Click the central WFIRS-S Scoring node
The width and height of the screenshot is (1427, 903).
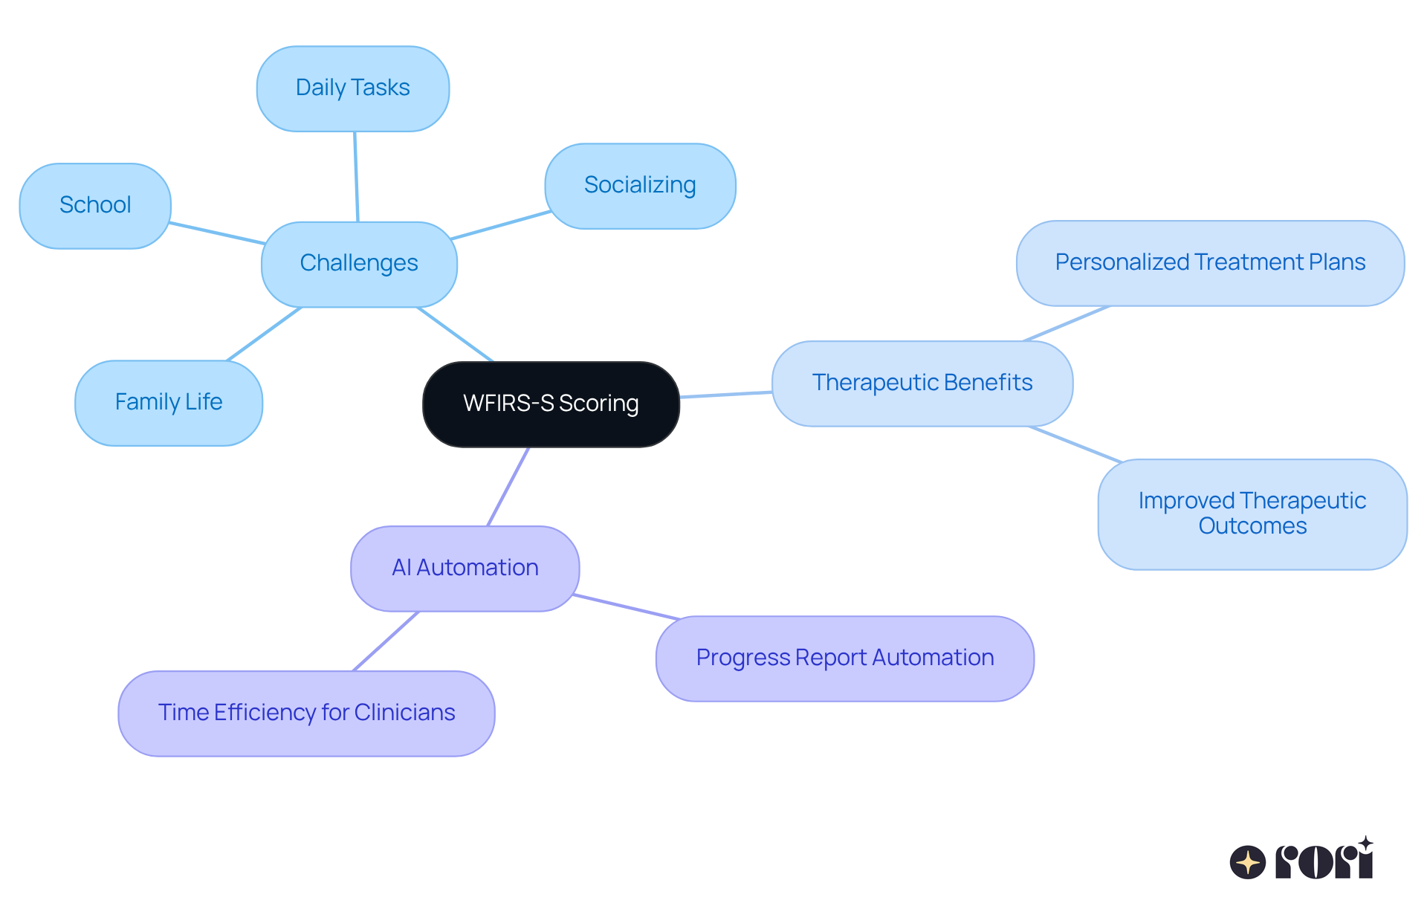pos(551,404)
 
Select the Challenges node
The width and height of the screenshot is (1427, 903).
pos(359,264)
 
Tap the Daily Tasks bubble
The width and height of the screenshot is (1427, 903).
pos(352,88)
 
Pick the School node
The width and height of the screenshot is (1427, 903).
pos(95,205)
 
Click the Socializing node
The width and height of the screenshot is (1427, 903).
pos(640,185)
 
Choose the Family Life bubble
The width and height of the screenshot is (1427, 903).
pos(169,402)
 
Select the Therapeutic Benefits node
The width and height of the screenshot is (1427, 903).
pos(922,383)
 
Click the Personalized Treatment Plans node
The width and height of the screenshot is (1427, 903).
pos(1210,262)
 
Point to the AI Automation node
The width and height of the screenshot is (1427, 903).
pos(465,568)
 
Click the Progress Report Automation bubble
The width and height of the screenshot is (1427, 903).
pos(844,658)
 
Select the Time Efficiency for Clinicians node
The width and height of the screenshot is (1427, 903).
pos(306,713)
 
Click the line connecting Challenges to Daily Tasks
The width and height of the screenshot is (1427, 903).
pos(356,177)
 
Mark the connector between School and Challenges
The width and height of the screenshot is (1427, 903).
pos(216,233)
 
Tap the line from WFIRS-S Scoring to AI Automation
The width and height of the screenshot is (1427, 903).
pos(508,486)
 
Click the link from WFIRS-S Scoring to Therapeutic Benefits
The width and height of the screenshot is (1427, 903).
pos(726,395)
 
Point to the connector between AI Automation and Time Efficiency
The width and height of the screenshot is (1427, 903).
pos(386,641)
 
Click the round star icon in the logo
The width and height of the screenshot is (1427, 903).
pos(1247,862)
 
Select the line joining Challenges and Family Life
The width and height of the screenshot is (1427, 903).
pos(264,334)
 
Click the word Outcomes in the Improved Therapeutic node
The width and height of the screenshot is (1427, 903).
pos(1252,526)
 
